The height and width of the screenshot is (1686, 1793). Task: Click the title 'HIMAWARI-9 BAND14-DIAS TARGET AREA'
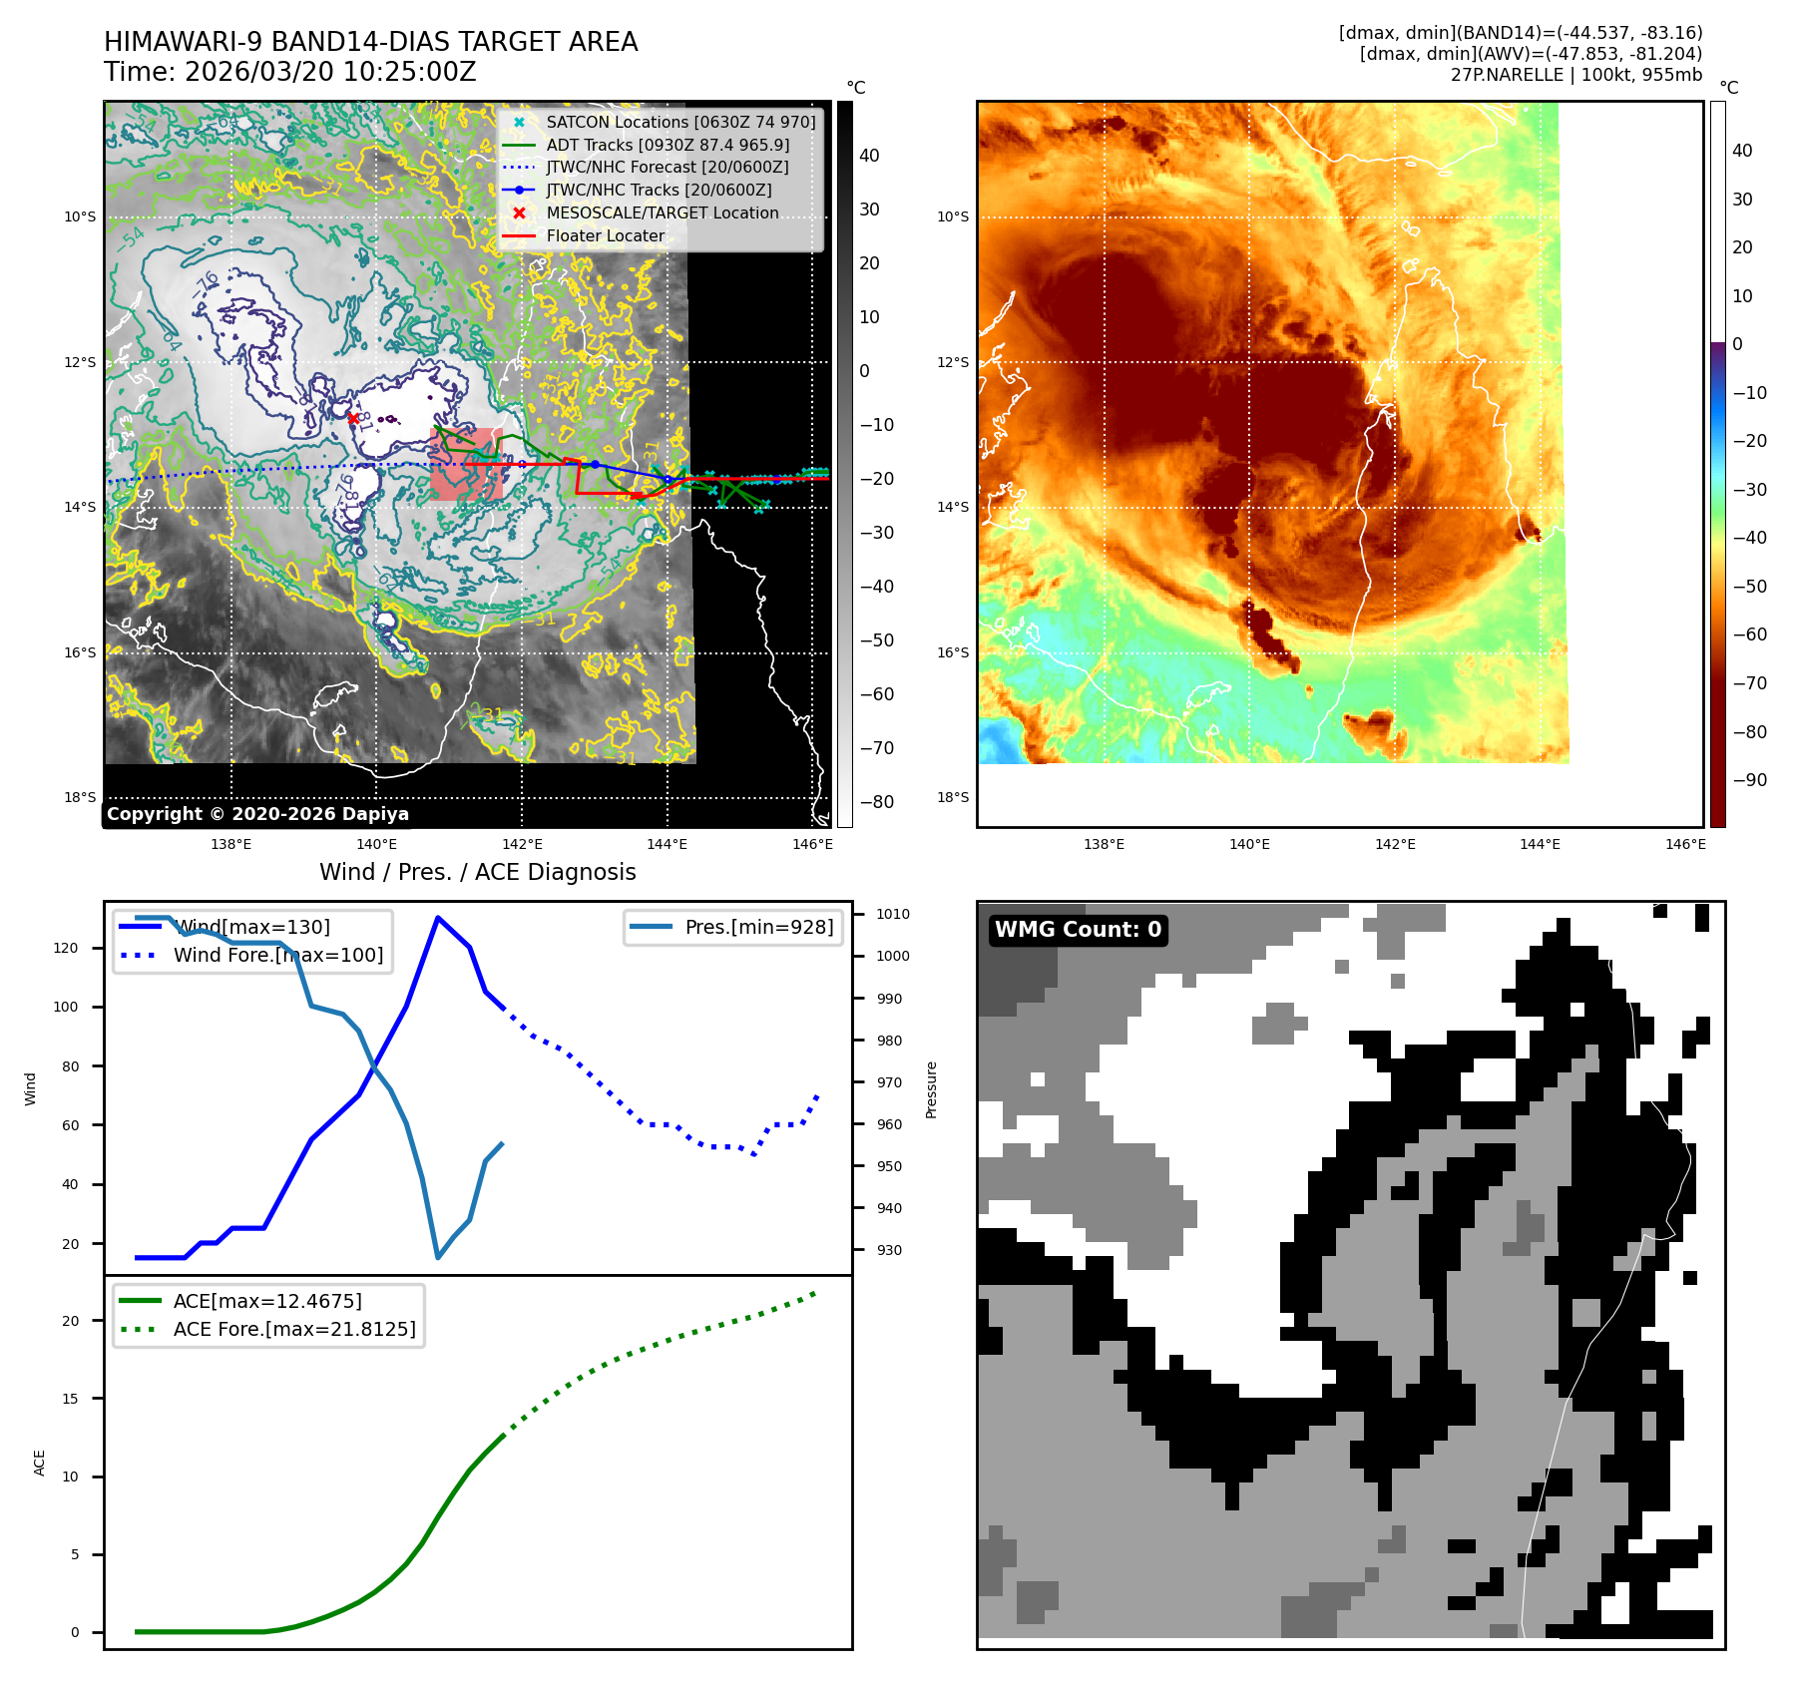pos(370,42)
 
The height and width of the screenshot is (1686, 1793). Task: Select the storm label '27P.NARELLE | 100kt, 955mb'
pos(1575,75)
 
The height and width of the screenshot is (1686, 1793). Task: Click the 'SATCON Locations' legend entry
pos(679,122)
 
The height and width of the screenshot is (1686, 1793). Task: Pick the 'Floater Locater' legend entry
pos(605,236)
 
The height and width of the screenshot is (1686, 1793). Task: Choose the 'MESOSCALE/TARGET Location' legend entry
pos(662,213)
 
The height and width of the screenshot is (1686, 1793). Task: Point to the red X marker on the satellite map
pos(353,418)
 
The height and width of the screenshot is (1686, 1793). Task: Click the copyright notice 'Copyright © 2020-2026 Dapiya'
pos(257,814)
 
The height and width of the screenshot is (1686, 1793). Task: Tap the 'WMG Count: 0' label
pos(1078,930)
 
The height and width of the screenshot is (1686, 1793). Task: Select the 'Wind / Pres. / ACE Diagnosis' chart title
pos(477,872)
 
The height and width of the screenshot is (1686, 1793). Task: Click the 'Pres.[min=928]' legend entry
pos(758,927)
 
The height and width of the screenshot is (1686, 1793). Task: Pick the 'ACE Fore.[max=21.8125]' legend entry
pos(293,1329)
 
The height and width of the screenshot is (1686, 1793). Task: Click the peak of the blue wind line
pos(437,917)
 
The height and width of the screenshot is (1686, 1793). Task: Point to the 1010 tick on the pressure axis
pos(892,914)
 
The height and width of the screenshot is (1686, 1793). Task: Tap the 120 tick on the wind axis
pos(66,948)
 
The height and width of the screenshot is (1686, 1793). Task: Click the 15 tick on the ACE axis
pos(70,1399)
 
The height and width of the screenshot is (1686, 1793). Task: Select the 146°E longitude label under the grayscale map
pos(812,844)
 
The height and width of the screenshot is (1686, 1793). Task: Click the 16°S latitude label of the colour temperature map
pos(952,652)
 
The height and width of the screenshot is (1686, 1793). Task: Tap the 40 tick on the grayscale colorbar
pos(869,156)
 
